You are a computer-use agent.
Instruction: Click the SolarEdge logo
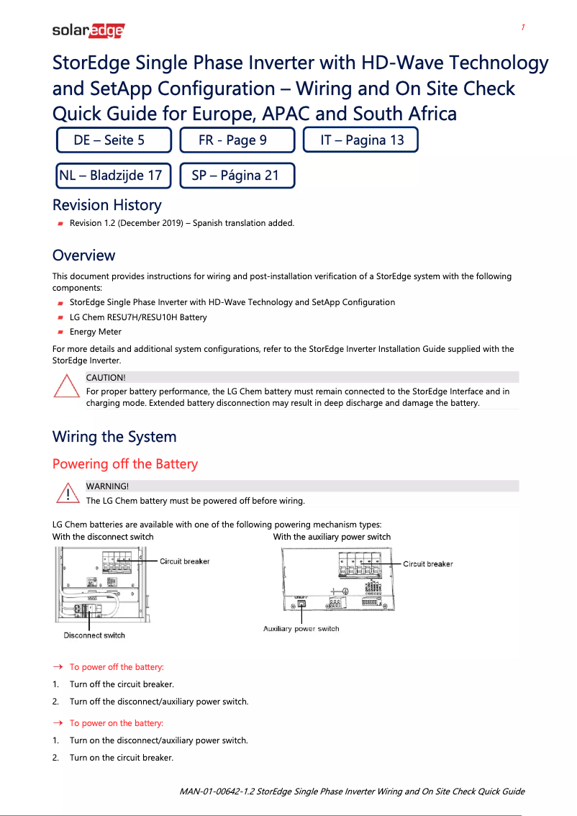pyautogui.click(x=88, y=31)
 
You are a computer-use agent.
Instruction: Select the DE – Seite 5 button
pyautogui.click(x=114, y=140)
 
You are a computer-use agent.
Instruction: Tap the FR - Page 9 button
pyautogui.click(x=237, y=140)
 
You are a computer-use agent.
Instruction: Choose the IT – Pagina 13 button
pyautogui.click(x=360, y=140)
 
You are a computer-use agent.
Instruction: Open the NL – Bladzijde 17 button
pyautogui.click(x=114, y=176)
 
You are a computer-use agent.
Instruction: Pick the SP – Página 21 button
pyautogui.click(x=237, y=176)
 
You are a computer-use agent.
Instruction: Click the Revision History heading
pyautogui.click(x=106, y=205)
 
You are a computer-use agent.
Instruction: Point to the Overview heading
pyautogui.click(x=83, y=255)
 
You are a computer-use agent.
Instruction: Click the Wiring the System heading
pyautogui.click(x=114, y=437)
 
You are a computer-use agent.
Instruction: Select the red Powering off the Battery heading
pyautogui.click(x=124, y=464)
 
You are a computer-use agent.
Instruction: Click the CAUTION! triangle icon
pyautogui.click(x=66, y=388)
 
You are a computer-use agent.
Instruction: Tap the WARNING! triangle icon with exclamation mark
pyautogui.click(x=66, y=493)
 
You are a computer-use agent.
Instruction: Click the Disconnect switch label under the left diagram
pyautogui.click(x=94, y=635)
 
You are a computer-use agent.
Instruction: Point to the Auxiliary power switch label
pyautogui.click(x=301, y=629)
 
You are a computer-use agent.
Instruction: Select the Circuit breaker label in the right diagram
pyautogui.click(x=427, y=564)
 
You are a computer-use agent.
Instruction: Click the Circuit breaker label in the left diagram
pyautogui.click(x=184, y=561)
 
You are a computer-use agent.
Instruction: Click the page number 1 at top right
pyautogui.click(x=523, y=27)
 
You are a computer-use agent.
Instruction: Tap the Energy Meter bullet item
pyautogui.click(x=95, y=332)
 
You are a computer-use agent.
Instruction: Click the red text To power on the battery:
pyautogui.click(x=116, y=723)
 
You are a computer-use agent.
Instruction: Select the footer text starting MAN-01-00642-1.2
pyautogui.click(x=352, y=792)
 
